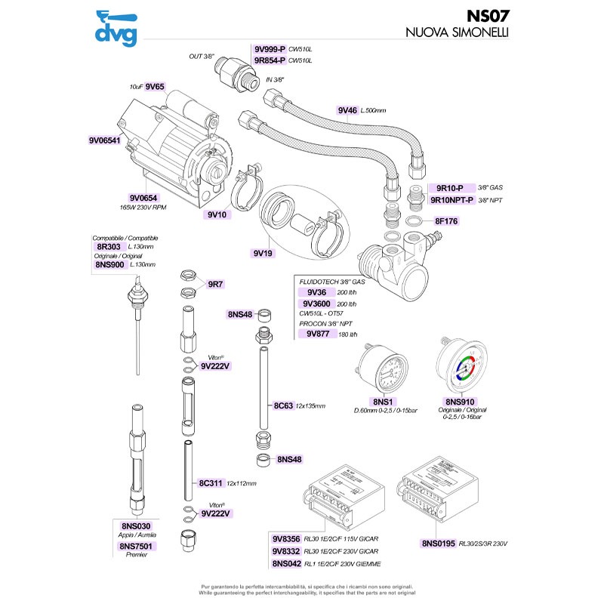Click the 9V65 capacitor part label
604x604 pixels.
point(155,87)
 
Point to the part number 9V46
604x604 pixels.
point(348,110)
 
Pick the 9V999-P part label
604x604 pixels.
point(270,49)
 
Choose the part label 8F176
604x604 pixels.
point(447,221)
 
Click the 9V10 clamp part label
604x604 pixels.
point(217,214)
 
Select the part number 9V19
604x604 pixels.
point(263,254)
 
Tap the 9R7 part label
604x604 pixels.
point(216,284)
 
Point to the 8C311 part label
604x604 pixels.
point(211,483)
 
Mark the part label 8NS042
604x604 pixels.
point(286,564)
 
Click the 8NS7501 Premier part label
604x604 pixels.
point(136,546)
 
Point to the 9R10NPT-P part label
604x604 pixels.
point(451,200)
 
